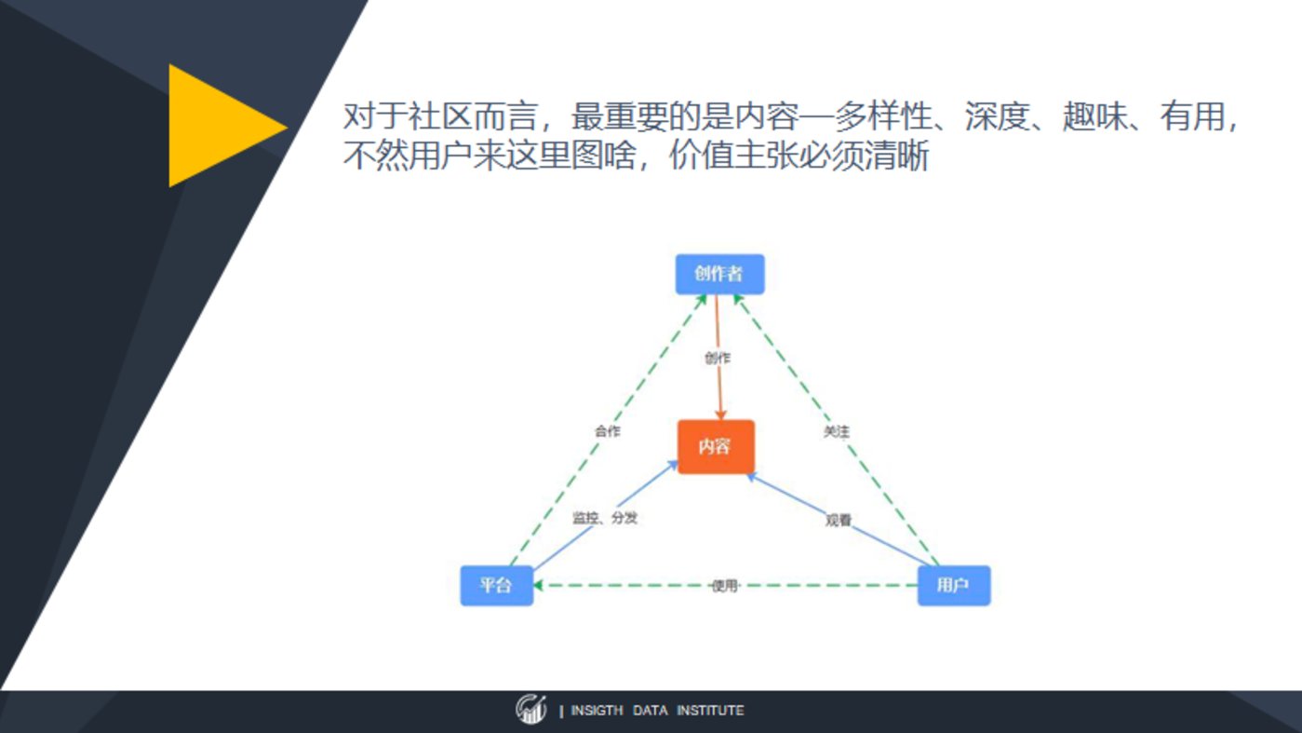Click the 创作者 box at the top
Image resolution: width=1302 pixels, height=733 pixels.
719,274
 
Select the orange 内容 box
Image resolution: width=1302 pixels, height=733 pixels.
716,447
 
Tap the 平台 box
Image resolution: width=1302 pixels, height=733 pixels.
496,585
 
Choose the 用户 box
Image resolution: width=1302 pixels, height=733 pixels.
954,585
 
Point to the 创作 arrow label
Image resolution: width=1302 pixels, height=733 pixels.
718,358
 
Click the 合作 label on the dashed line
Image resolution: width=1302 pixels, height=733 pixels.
608,431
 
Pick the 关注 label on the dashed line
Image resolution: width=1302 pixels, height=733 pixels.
837,431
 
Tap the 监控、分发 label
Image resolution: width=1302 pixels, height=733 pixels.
605,517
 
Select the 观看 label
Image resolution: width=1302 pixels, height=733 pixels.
839,520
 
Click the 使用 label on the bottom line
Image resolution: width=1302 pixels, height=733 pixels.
725,585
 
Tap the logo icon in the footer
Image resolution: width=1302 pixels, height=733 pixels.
531,709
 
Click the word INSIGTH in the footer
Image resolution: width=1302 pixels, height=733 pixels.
597,711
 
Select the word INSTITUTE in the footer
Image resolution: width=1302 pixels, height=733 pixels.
710,711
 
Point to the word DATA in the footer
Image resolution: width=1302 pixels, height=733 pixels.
650,711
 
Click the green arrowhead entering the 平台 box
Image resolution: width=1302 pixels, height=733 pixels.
538,585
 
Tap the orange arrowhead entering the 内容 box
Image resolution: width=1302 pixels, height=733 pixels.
720,414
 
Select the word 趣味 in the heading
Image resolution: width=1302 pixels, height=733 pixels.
1095,115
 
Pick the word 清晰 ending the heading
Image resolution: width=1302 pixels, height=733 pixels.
897,156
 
